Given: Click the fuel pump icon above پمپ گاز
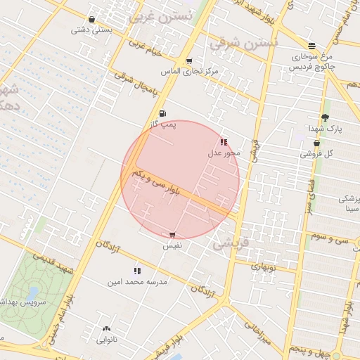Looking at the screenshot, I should tap(163, 113).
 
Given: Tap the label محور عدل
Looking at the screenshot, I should tap(224, 153).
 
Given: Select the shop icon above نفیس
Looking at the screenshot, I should tap(172, 235).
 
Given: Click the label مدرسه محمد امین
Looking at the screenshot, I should tap(137, 282).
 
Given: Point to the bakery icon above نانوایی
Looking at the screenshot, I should tap(106, 328).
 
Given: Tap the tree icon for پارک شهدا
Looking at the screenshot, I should tap(324, 117).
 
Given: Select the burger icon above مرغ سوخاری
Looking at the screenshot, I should tap(311, 46).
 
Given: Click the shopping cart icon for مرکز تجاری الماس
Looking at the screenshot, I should tap(189, 60).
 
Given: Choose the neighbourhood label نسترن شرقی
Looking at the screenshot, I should tap(244, 43).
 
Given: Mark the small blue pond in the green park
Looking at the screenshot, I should tap(33, 291).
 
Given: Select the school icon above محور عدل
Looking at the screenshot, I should tap(224, 142).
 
